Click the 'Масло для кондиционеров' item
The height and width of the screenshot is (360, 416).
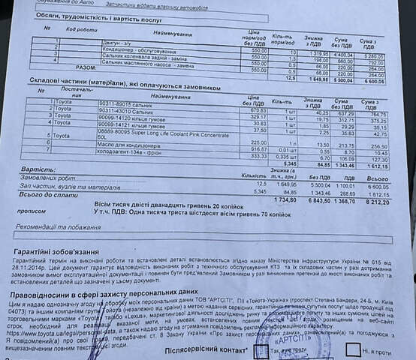[x=131, y=143]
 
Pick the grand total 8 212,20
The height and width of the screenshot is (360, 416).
[x=376, y=202]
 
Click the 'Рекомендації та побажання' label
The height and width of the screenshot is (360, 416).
[x=61, y=226]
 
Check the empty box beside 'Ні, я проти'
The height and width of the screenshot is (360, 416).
[x=352, y=348]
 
